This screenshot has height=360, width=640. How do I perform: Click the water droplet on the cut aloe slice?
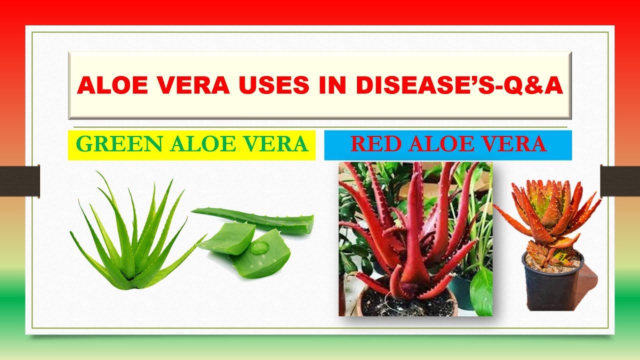click(258, 248)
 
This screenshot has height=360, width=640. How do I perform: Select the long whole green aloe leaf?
click(255, 220)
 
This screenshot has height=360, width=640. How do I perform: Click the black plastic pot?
click(552, 287)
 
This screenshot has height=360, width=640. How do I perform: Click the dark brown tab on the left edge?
click(19, 181)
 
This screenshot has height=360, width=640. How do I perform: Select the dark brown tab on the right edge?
click(620, 181)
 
